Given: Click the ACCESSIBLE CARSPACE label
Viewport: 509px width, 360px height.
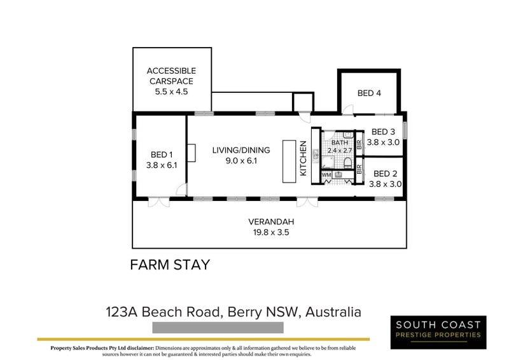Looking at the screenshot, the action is click(171, 76).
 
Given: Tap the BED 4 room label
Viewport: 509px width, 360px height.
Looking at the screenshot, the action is click(369, 93).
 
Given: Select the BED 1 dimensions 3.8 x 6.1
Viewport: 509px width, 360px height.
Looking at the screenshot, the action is click(162, 165).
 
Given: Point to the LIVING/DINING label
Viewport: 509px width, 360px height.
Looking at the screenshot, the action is click(241, 150).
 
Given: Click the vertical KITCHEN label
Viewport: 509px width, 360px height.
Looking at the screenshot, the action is click(303, 158).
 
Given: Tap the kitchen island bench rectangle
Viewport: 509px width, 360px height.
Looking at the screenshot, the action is click(289, 162).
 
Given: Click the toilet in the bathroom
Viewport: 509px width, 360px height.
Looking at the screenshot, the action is click(347, 163).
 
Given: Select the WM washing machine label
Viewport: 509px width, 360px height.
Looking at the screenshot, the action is click(326, 175).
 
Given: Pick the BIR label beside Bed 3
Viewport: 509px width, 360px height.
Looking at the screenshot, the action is click(359, 144).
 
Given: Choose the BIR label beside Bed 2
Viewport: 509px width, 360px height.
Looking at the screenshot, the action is click(359, 169).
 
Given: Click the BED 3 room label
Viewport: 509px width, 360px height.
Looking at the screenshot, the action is click(383, 132).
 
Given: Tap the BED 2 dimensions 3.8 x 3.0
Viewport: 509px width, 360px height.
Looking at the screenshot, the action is click(386, 184).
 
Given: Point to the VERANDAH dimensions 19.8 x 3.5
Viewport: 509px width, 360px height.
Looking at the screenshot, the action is click(271, 232).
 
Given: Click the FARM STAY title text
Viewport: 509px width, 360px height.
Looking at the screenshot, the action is click(170, 265).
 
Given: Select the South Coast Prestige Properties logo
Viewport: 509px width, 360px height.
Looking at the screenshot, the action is click(438, 332).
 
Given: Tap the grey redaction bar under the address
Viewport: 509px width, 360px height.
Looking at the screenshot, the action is click(218, 328).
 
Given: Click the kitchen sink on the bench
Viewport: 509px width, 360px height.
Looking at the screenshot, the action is click(316, 155).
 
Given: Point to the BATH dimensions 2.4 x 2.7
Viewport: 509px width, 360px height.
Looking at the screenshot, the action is click(340, 151).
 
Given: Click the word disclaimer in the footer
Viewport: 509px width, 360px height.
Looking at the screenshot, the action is click(141, 348).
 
